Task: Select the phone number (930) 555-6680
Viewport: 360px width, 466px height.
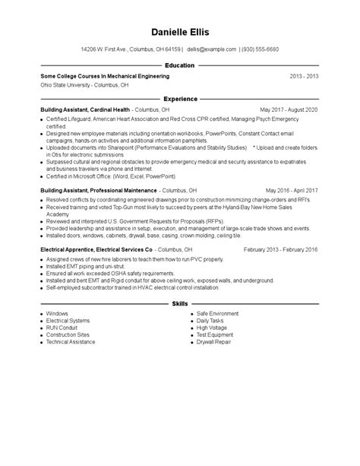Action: (x=260, y=49)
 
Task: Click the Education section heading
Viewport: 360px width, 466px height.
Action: (x=180, y=66)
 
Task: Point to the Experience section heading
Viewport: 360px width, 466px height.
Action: (x=180, y=99)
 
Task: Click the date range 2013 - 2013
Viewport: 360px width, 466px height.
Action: (x=304, y=77)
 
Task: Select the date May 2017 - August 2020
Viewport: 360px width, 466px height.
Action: (x=289, y=109)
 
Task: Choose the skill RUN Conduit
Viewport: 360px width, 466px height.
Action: (x=62, y=328)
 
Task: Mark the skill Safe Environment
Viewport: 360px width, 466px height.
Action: (x=217, y=313)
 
